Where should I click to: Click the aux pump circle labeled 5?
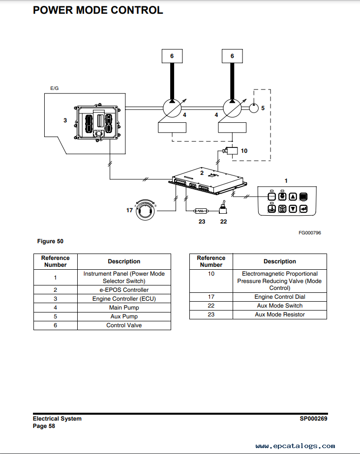(x=254, y=108)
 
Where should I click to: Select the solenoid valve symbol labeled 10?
(x=231, y=151)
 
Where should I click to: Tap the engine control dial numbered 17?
(x=146, y=210)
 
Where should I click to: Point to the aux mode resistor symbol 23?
(x=201, y=211)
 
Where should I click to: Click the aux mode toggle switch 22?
(x=223, y=208)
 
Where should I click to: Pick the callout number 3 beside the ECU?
(x=65, y=120)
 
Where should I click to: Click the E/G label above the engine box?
(x=55, y=88)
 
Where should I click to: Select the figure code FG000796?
(x=310, y=233)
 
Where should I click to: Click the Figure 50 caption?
(x=50, y=241)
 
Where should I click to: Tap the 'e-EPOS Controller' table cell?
(x=124, y=290)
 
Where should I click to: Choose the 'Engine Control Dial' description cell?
(x=280, y=297)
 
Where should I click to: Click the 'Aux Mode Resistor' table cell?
(x=280, y=314)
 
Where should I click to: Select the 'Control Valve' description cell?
(x=124, y=325)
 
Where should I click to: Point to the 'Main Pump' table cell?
(x=124, y=308)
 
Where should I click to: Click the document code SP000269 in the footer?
(x=313, y=419)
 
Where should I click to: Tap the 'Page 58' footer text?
(x=44, y=426)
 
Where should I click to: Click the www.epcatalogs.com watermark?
(x=295, y=446)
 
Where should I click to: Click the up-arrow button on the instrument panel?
(x=293, y=197)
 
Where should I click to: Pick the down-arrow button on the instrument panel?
(x=293, y=209)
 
